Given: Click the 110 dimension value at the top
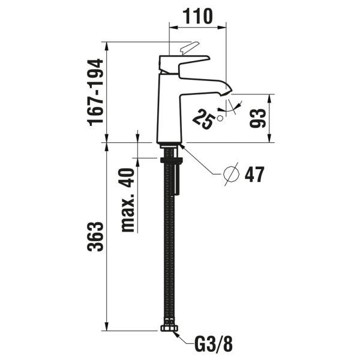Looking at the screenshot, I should [197, 16].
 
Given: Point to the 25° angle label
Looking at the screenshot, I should [205, 118].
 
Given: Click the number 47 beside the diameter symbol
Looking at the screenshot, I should [254, 175].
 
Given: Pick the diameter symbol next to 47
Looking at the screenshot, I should [231, 174].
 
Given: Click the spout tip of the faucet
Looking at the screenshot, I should [227, 91].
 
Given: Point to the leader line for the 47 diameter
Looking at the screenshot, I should [201, 161].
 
